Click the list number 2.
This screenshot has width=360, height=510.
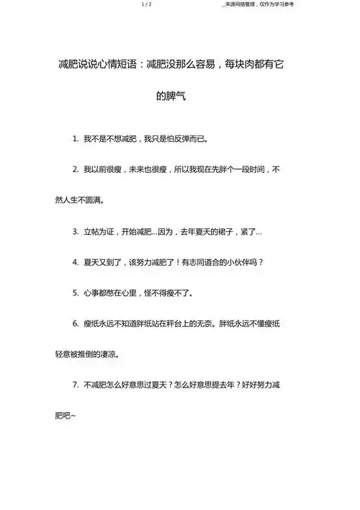(76, 169)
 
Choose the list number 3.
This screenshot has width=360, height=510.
(76, 233)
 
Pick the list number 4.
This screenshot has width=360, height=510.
(76, 262)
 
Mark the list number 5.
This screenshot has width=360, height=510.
(76, 294)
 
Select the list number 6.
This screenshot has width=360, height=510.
(76, 323)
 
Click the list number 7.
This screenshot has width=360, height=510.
(76, 386)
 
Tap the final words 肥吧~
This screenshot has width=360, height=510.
(66, 416)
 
